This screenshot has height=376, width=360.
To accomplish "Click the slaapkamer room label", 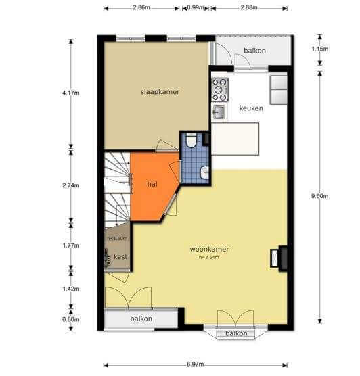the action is [x=160, y=92].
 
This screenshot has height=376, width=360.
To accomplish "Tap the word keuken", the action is [x=251, y=108].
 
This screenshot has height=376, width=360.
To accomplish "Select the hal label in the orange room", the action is [x=152, y=184].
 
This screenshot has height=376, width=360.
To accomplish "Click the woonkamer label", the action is [x=209, y=249].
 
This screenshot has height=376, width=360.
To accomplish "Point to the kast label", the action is [x=120, y=257].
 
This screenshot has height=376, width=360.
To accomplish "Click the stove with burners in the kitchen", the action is [x=220, y=90].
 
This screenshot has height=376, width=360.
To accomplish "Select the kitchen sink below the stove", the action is [x=219, y=112].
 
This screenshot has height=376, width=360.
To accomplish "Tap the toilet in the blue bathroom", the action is [x=192, y=141].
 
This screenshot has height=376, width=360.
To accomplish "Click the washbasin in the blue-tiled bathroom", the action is [x=205, y=172].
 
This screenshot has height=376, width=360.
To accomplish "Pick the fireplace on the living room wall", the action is [x=279, y=258].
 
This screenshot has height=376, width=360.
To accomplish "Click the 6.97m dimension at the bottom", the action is [x=195, y=365].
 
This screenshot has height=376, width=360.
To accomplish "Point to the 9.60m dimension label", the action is [x=319, y=196].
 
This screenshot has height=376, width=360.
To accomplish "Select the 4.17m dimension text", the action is [x=71, y=93].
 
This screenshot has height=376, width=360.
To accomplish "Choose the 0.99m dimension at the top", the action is [x=196, y=7].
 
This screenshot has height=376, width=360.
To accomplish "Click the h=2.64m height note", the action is [x=209, y=258].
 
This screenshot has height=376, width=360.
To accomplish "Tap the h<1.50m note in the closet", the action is [x=117, y=239].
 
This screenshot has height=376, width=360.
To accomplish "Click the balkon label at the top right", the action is [x=254, y=51].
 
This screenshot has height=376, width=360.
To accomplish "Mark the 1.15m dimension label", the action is [x=319, y=49].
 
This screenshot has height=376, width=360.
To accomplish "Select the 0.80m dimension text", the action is [x=71, y=319].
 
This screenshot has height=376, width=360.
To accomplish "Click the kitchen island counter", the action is [x=235, y=139].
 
